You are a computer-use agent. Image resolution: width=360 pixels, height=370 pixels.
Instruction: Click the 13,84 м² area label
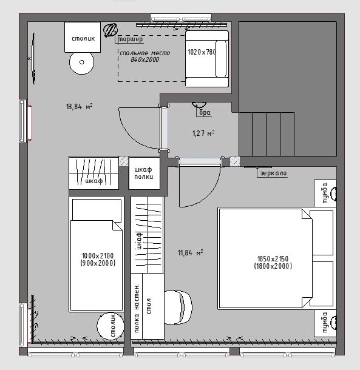tap(80, 107)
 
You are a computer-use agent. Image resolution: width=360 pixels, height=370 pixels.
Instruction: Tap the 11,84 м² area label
tap(191, 253)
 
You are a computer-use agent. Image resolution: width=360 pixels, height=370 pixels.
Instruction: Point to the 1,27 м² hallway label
tap(203, 133)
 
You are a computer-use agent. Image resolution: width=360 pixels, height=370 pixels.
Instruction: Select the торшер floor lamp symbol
tap(110, 30)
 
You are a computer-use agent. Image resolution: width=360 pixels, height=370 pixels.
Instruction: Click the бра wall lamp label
tap(205, 112)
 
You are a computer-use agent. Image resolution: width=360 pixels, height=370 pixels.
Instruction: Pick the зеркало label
tap(273, 173)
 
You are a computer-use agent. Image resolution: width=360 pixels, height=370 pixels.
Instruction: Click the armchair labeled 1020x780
tap(207, 58)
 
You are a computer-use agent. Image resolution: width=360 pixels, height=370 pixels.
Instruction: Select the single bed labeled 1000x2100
tap(97, 254)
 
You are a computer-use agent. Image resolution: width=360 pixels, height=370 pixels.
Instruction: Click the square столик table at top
tap(83, 37)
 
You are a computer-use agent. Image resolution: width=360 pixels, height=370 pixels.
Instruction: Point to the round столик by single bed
tap(110, 326)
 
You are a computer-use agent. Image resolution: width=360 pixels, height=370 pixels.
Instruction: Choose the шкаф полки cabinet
tap(144, 173)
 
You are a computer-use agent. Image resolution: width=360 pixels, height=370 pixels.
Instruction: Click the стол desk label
tap(149, 306)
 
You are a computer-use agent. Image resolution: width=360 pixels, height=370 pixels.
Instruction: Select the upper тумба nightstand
tap(325, 193)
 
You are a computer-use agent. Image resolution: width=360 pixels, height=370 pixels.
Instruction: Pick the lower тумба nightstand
tap(325, 323)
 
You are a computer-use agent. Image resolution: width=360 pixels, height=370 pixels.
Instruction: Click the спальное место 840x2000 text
tap(145, 56)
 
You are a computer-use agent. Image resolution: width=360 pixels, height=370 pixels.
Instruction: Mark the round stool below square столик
tap(81, 62)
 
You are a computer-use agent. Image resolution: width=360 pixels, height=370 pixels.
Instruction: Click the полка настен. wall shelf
tap(137, 306)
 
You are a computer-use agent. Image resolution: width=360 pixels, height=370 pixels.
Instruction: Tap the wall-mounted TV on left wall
tap(34, 58)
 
